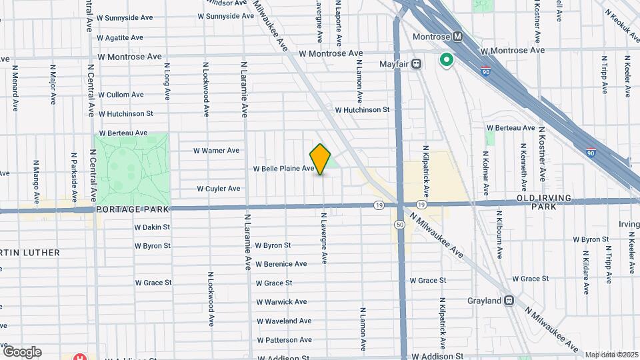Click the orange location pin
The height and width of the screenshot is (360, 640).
point(321,159)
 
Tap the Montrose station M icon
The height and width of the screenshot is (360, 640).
point(458,37)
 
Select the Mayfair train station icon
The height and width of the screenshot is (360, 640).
point(416,64)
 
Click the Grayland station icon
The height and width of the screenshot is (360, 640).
point(509,301)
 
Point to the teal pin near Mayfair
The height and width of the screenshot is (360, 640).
point(446,61)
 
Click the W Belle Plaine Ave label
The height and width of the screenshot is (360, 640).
point(283,169)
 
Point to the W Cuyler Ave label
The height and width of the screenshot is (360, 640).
point(219,189)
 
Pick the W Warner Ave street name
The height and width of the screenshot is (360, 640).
point(216,151)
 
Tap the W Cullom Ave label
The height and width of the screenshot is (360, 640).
point(121,95)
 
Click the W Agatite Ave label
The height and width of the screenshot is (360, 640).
point(120,38)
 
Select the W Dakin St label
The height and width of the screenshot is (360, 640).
point(153,227)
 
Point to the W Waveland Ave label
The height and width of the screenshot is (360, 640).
point(284,321)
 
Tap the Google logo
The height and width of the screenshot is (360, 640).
point(22,351)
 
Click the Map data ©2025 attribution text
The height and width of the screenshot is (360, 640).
point(611,355)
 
